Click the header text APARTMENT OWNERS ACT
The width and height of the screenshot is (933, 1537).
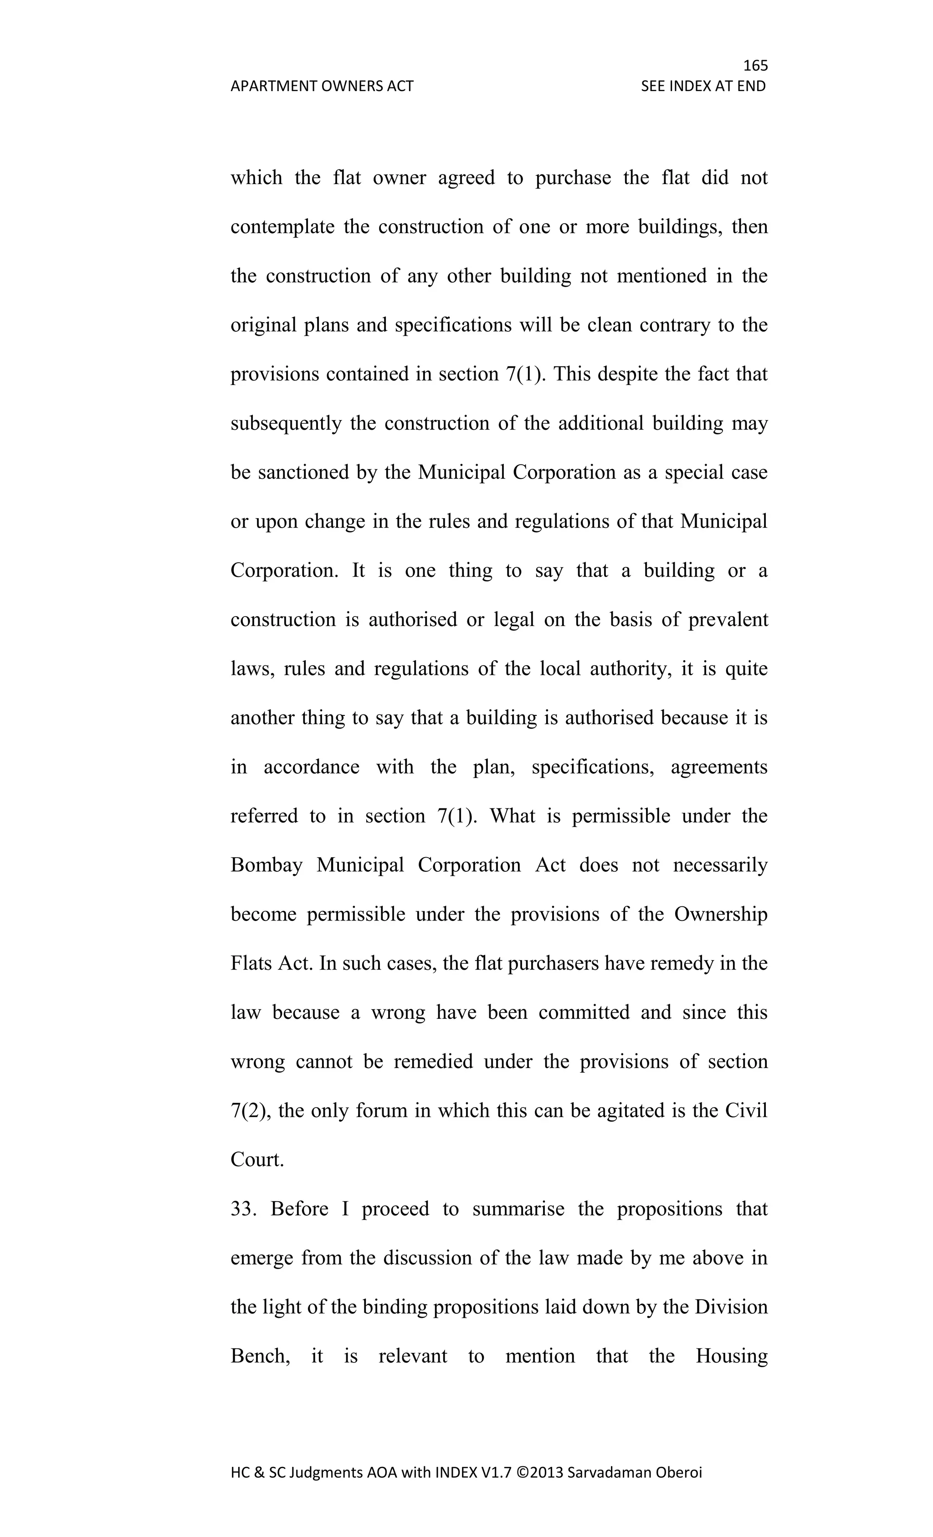coord(322,86)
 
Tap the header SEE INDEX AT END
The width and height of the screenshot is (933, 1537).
coord(703,86)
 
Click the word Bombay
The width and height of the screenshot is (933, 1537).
coord(267,865)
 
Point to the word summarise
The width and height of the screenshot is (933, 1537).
coord(518,1209)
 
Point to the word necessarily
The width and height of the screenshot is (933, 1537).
coord(720,865)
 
